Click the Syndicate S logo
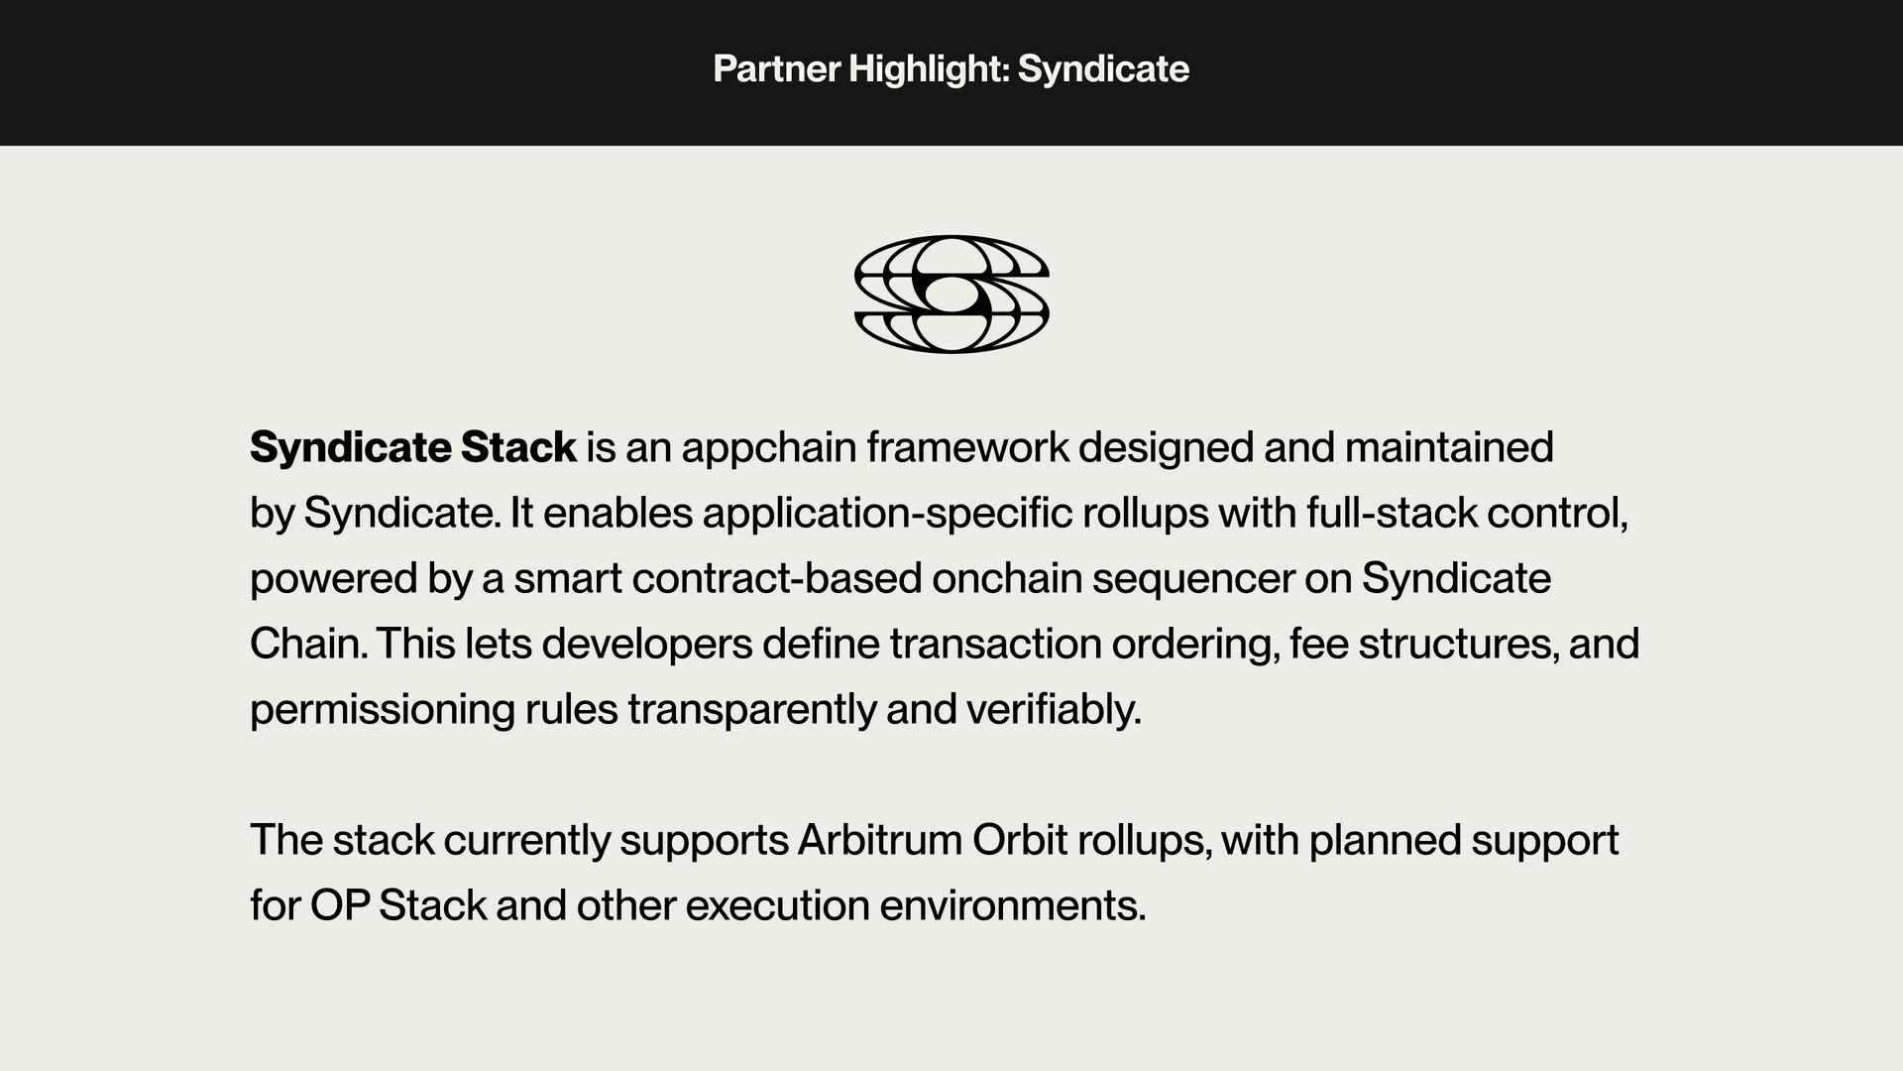pos(951,295)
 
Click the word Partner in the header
pos(776,69)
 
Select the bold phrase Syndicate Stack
pos(412,448)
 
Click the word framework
pos(967,448)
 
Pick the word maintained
pos(1448,448)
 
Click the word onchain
pos(1006,579)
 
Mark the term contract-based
pos(776,579)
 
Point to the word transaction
pos(995,645)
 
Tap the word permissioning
pos(382,710)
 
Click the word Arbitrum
pos(879,841)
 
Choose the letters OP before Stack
pos(339,906)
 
